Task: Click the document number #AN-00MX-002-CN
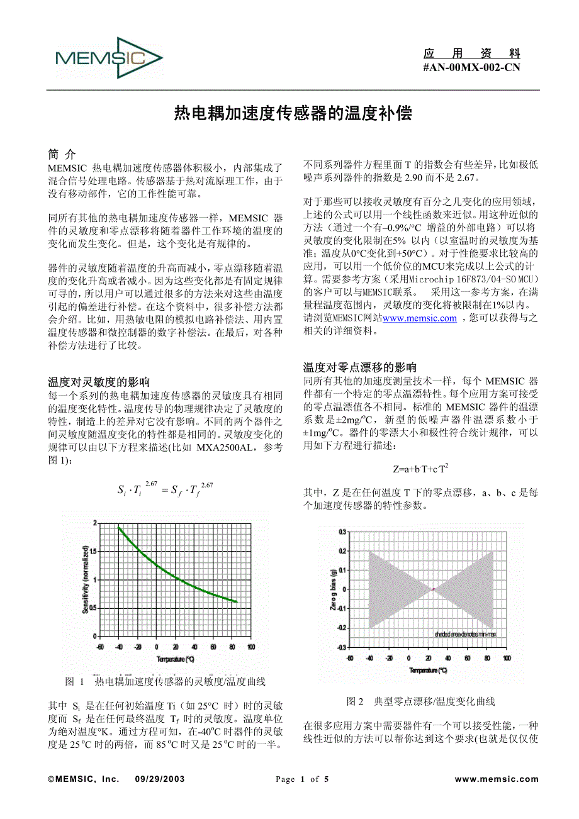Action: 471,68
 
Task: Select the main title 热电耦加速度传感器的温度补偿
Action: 293,113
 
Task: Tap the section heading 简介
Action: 62,154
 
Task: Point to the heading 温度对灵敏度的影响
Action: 99,382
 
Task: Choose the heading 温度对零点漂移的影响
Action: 359,367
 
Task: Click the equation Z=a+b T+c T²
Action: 420,469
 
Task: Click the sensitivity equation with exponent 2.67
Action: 166,489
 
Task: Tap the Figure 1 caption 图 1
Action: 75,682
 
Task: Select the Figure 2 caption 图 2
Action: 356,701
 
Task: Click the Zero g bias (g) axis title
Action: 333,589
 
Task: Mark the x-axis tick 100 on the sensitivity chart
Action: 250,647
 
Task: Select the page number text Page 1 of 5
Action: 302,779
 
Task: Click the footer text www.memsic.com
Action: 497,779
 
